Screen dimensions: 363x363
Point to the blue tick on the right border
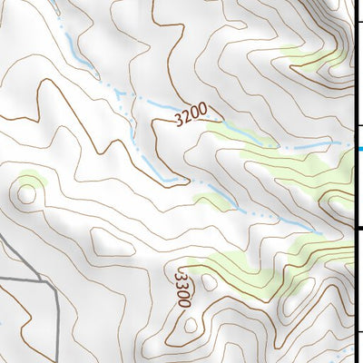pyautogui.click(x=359, y=148)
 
